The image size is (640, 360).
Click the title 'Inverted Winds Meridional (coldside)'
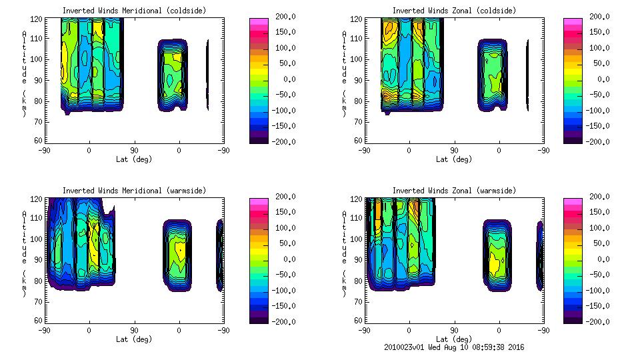134,11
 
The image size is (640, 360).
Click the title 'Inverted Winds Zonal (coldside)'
454,11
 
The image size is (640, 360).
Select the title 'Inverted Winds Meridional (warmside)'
134,191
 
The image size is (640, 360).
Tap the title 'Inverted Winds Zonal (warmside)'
454,191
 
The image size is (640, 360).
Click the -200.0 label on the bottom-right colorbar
598,322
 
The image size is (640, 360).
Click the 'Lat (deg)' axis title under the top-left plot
134,159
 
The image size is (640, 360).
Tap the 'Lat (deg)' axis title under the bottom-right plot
454,339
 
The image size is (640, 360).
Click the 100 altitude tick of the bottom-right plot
359,239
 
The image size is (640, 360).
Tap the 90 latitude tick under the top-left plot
134,151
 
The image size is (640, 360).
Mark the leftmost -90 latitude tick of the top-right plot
364,151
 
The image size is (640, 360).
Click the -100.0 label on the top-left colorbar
282,111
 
